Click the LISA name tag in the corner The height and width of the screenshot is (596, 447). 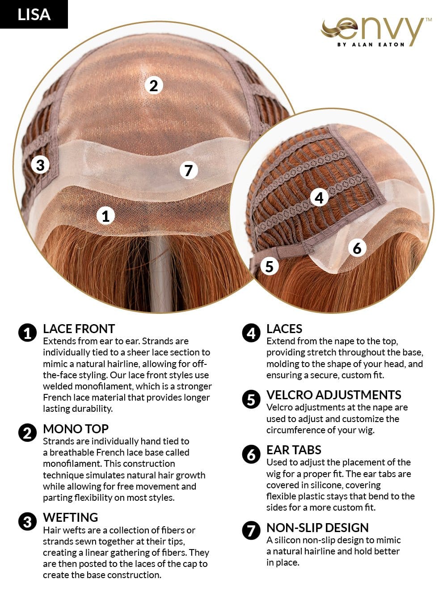tap(34, 14)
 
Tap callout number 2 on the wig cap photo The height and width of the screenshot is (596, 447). tap(153, 85)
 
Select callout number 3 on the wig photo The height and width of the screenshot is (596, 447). tap(40, 165)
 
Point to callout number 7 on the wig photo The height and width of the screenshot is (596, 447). tap(188, 170)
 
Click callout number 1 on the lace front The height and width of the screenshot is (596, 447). tap(105, 216)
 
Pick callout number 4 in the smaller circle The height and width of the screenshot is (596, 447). tap(319, 197)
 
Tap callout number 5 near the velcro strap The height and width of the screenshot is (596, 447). tap(269, 266)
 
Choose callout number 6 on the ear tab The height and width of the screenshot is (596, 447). tap(357, 248)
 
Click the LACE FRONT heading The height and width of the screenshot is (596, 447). tap(79, 329)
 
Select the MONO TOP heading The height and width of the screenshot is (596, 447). tap(76, 429)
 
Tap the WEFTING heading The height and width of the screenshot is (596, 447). tap(70, 518)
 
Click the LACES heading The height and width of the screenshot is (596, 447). tap(284, 329)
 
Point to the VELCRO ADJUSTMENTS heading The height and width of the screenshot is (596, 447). tap(333, 395)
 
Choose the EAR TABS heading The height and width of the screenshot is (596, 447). tap(294, 450)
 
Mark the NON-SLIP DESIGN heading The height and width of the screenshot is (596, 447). tap(317, 528)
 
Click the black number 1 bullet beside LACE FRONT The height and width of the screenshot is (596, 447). tap(27, 333)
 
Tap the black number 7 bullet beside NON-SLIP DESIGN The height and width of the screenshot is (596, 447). tap(251, 531)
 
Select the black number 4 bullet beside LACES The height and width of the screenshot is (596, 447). tap(251, 333)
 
